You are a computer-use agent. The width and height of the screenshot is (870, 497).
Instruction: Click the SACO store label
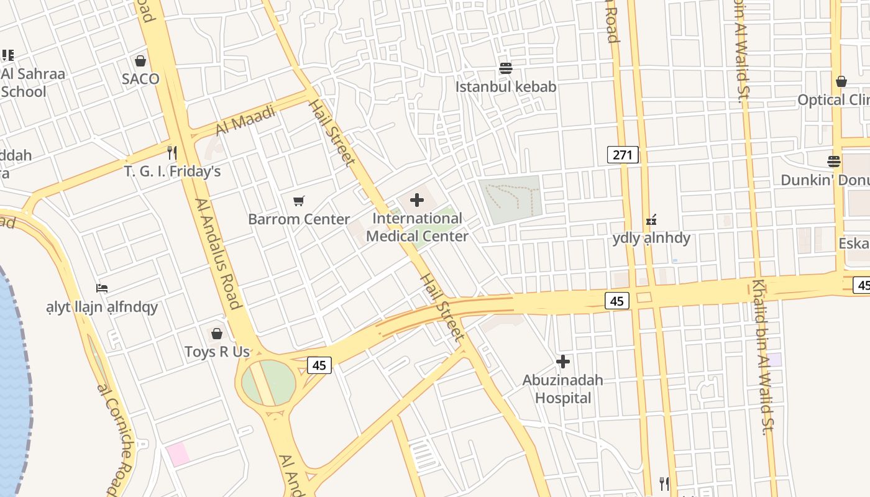click(140, 79)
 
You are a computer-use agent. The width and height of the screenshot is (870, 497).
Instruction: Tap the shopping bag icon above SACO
click(140, 61)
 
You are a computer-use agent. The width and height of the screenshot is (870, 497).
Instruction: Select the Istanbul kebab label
click(506, 86)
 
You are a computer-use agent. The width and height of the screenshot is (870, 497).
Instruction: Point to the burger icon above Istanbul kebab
click(506, 68)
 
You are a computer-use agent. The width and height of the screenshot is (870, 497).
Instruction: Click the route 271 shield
click(623, 155)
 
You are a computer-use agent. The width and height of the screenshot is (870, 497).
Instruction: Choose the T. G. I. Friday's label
click(172, 171)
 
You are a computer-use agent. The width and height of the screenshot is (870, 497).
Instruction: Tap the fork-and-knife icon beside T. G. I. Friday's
click(172, 152)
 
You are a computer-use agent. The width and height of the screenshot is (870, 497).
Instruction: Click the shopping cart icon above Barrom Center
click(299, 201)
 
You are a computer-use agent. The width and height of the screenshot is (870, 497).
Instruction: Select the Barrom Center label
click(299, 219)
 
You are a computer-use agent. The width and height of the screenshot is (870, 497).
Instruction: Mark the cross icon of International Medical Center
click(417, 200)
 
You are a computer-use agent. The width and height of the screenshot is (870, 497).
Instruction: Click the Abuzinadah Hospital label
click(563, 388)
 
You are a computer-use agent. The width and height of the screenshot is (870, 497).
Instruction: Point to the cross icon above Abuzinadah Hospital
click(563, 361)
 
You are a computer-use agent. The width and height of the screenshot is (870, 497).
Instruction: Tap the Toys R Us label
click(217, 352)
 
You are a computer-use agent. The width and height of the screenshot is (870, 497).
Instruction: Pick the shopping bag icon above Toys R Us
click(217, 334)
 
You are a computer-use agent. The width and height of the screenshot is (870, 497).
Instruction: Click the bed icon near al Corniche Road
click(102, 288)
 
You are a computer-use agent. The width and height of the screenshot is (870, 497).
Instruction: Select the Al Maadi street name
click(246, 121)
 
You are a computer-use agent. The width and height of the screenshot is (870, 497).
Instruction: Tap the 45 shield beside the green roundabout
click(319, 365)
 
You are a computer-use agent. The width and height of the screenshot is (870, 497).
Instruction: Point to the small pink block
click(178, 455)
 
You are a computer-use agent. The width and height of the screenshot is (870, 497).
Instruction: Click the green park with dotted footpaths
click(510, 199)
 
